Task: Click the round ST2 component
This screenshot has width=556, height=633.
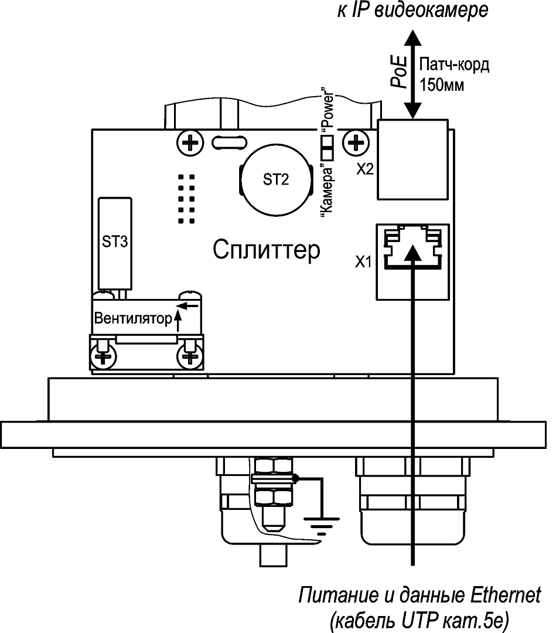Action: pos(275,181)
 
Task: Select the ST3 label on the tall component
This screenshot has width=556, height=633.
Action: pos(115,242)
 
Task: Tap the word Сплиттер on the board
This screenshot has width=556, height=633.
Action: pos(267,251)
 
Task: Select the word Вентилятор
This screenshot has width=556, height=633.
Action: pos(132,319)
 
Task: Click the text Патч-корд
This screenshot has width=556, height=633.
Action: pos(455,64)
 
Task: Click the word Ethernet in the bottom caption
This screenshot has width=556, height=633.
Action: pos(505,596)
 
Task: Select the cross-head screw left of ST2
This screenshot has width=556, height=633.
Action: pos(189,142)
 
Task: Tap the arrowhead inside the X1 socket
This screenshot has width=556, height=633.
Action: pos(413,252)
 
